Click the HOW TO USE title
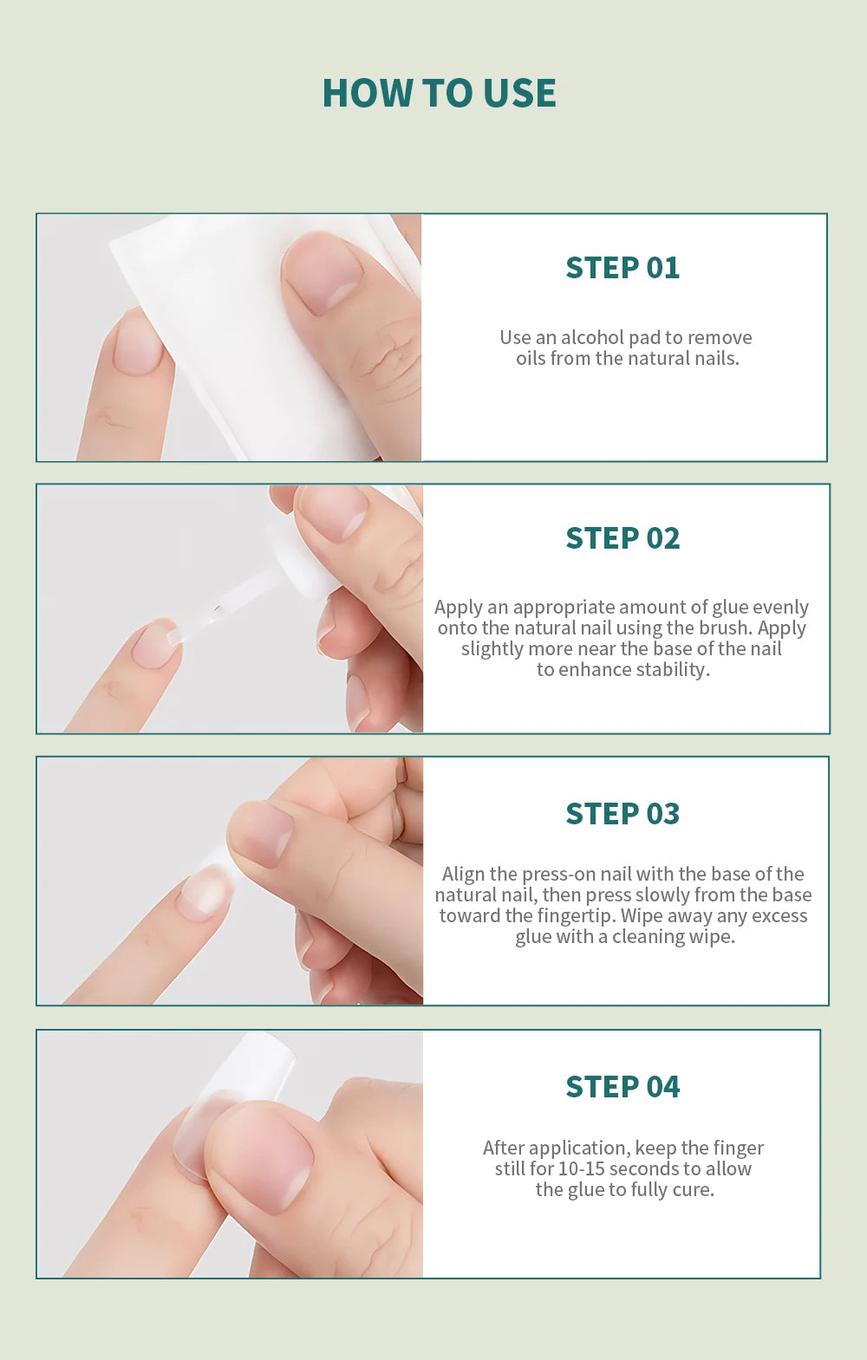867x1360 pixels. (439, 94)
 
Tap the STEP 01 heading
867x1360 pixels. (623, 268)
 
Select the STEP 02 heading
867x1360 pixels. (623, 538)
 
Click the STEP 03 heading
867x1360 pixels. (623, 814)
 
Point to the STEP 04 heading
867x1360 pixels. (623, 1087)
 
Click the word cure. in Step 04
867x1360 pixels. (694, 1189)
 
